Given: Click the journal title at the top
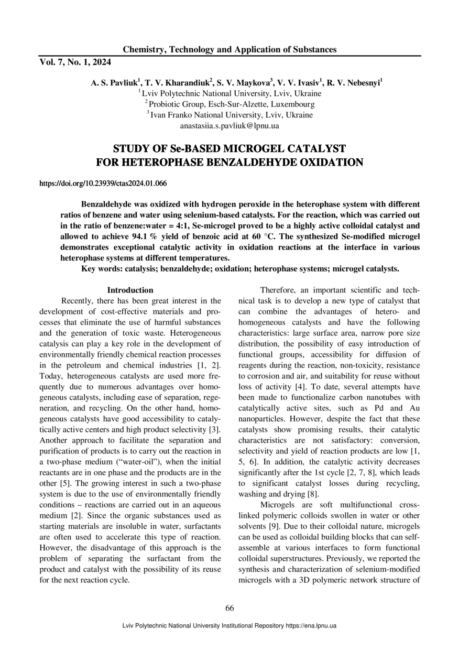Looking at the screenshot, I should pyautogui.click(x=229, y=50).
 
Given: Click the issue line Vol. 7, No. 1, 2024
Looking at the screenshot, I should pyautogui.click(x=75, y=62).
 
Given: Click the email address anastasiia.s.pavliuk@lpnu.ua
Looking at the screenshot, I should pyautogui.click(x=229, y=126).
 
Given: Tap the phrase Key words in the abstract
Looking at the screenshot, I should pyautogui.click(x=101, y=269).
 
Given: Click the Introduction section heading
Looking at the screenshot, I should pyautogui.click(x=130, y=290).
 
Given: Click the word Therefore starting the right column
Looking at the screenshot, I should pyautogui.click(x=279, y=290).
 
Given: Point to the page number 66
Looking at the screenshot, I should pyautogui.click(x=229, y=608).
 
